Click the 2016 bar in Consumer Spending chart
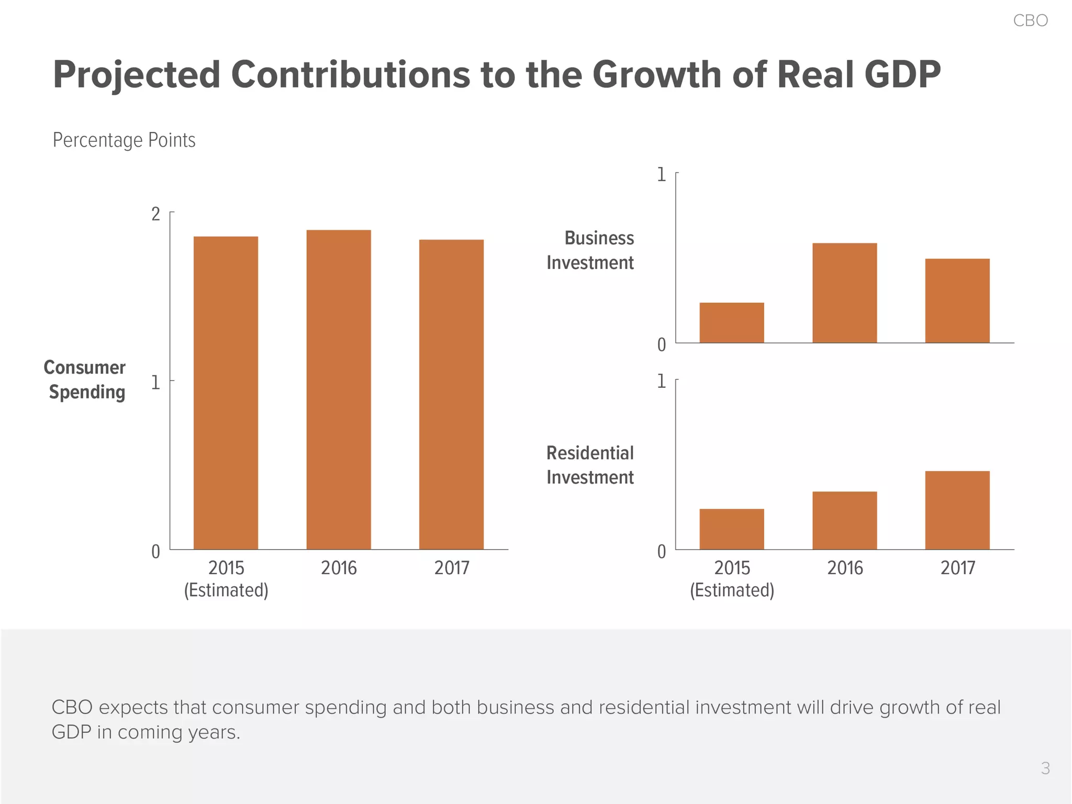[x=339, y=389]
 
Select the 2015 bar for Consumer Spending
[x=226, y=393]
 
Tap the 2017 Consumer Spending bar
[x=451, y=394]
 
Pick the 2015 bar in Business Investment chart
[x=731, y=322]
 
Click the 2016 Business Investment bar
[x=844, y=293]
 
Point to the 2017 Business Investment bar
[x=957, y=300]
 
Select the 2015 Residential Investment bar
[x=731, y=529]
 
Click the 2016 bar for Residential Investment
[x=844, y=520]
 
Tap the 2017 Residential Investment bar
[x=957, y=510]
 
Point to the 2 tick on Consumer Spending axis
[x=155, y=214]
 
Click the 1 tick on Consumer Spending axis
[x=155, y=383]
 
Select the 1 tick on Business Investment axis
[x=662, y=174]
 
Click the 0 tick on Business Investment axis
[x=662, y=345]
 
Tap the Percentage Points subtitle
[x=124, y=140]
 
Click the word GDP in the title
[x=902, y=74]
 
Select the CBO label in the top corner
[x=1030, y=20]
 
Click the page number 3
[x=1045, y=768]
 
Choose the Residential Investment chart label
[x=590, y=465]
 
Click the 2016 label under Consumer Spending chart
[x=339, y=568]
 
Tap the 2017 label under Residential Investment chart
[x=957, y=568]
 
